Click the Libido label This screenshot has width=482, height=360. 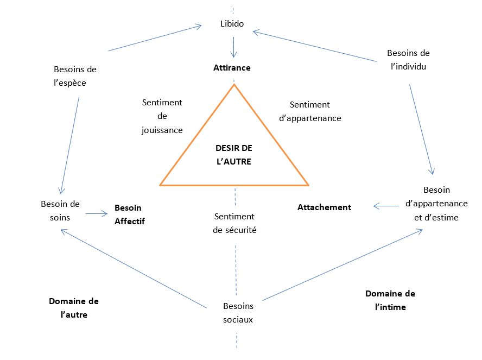(x=232, y=24)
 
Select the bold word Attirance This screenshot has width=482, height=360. (x=232, y=68)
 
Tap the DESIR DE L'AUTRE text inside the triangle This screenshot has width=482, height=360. (x=233, y=155)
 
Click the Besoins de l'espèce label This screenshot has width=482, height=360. (x=75, y=76)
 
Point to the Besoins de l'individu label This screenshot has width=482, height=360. (x=408, y=60)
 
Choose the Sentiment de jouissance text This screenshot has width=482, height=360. (x=162, y=116)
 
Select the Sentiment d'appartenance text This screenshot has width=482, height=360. (x=309, y=111)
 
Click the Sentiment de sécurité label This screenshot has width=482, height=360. (x=234, y=223)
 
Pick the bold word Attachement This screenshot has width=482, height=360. (x=324, y=207)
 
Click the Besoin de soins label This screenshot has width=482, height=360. (x=60, y=210)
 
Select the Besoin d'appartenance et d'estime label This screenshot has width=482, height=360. (x=436, y=204)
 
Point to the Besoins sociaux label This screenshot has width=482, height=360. (x=238, y=313)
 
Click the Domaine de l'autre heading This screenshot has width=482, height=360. (x=74, y=307)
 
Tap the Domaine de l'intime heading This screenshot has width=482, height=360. (x=390, y=300)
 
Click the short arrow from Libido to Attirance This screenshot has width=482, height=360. (x=234, y=47)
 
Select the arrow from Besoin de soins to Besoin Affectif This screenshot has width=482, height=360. (x=97, y=213)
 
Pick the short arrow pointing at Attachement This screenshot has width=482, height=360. (x=386, y=206)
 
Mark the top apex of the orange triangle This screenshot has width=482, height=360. (x=234, y=85)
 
